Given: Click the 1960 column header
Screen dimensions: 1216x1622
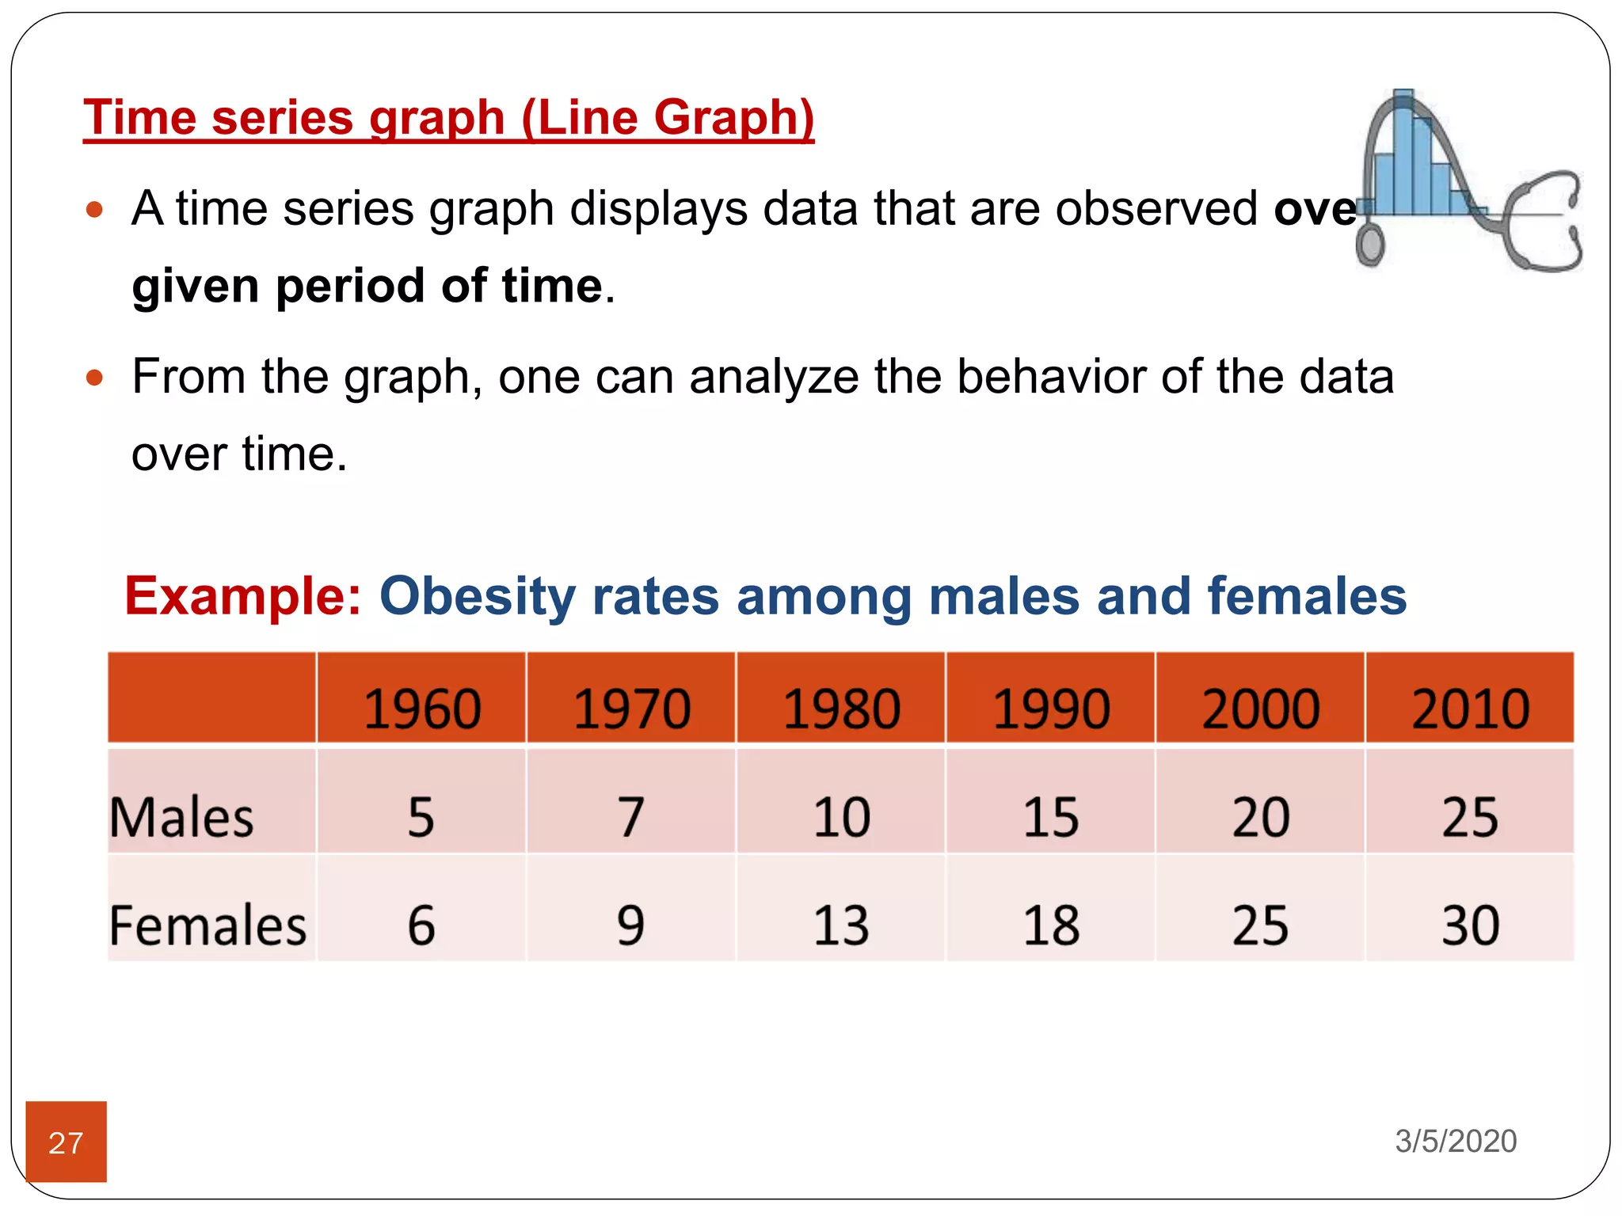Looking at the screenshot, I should coord(422,708).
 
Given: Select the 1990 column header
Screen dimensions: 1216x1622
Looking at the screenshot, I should coord(1051,708).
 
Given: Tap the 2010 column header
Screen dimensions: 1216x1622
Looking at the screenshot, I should coord(1470,708).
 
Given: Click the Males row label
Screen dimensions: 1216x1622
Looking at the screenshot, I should coord(181,817).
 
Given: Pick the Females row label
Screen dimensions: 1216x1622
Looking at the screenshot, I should coord(208,925).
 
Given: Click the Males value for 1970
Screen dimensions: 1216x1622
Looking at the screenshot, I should coord(631,817).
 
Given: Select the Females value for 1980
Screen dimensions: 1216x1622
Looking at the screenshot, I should coord(841,925).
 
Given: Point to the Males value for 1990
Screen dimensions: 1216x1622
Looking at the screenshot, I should coord(1051,817).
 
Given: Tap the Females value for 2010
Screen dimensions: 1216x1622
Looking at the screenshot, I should coord(1470,925).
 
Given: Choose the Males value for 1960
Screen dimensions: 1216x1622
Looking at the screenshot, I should coord(421,817).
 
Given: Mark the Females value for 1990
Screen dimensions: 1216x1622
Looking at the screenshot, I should coord(1051,925).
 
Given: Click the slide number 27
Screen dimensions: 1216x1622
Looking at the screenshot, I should coord(66,1142).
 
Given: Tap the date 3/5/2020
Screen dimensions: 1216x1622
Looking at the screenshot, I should coord(1456,1141).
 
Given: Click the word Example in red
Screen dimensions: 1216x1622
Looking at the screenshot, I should coord(242,595).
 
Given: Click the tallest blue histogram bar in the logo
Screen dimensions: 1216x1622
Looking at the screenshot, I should coord(1403,150).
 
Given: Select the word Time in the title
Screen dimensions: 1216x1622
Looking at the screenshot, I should coord(139,117).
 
